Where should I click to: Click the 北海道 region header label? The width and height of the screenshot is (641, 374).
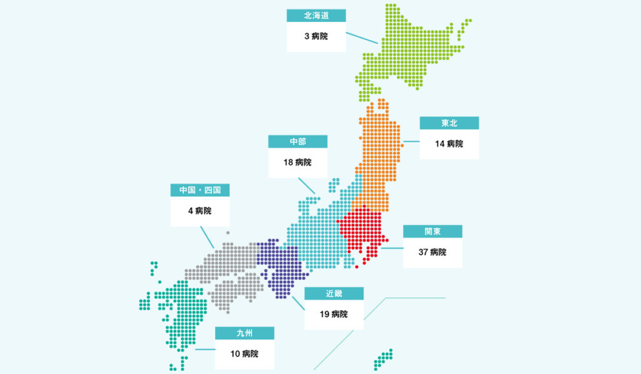pos(316,16)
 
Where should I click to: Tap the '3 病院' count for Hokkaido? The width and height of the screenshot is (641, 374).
pos(316,36)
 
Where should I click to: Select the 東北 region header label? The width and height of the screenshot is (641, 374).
pos(449,123)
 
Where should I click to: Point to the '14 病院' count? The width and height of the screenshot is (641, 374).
pos(449,143)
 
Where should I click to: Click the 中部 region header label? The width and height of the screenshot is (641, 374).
pos(298,142)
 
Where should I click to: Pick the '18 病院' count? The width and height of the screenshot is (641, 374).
pos(298,162)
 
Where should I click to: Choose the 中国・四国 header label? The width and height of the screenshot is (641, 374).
pos(200,190)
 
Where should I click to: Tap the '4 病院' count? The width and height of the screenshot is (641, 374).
pos(200,210)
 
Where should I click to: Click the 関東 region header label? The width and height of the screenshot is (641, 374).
pos(433,231)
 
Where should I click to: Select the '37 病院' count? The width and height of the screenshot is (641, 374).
pos(433,252)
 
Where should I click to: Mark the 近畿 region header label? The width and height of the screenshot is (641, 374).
pos(334,293)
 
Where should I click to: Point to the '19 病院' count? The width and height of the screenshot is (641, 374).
pos(334,314)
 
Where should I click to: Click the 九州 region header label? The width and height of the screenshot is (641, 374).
pos(245,333)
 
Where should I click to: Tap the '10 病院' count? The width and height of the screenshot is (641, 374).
pos(245,353)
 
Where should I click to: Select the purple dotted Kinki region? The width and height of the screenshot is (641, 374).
pos(282,263)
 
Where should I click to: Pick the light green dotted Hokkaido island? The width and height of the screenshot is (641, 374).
pos(407,53)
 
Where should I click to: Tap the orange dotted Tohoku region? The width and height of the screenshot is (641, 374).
pos(379,150)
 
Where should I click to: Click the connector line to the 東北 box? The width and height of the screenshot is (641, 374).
pos(411,142)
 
